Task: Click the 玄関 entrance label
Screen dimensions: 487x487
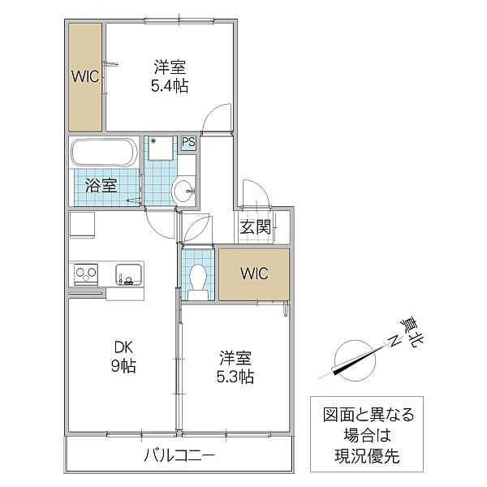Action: (255, 228)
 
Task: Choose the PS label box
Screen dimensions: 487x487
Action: (188, 143)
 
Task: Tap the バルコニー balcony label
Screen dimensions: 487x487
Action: (179, 456)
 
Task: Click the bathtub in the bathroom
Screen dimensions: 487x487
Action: (106, 152)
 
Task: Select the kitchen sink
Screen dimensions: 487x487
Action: (128, 273)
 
